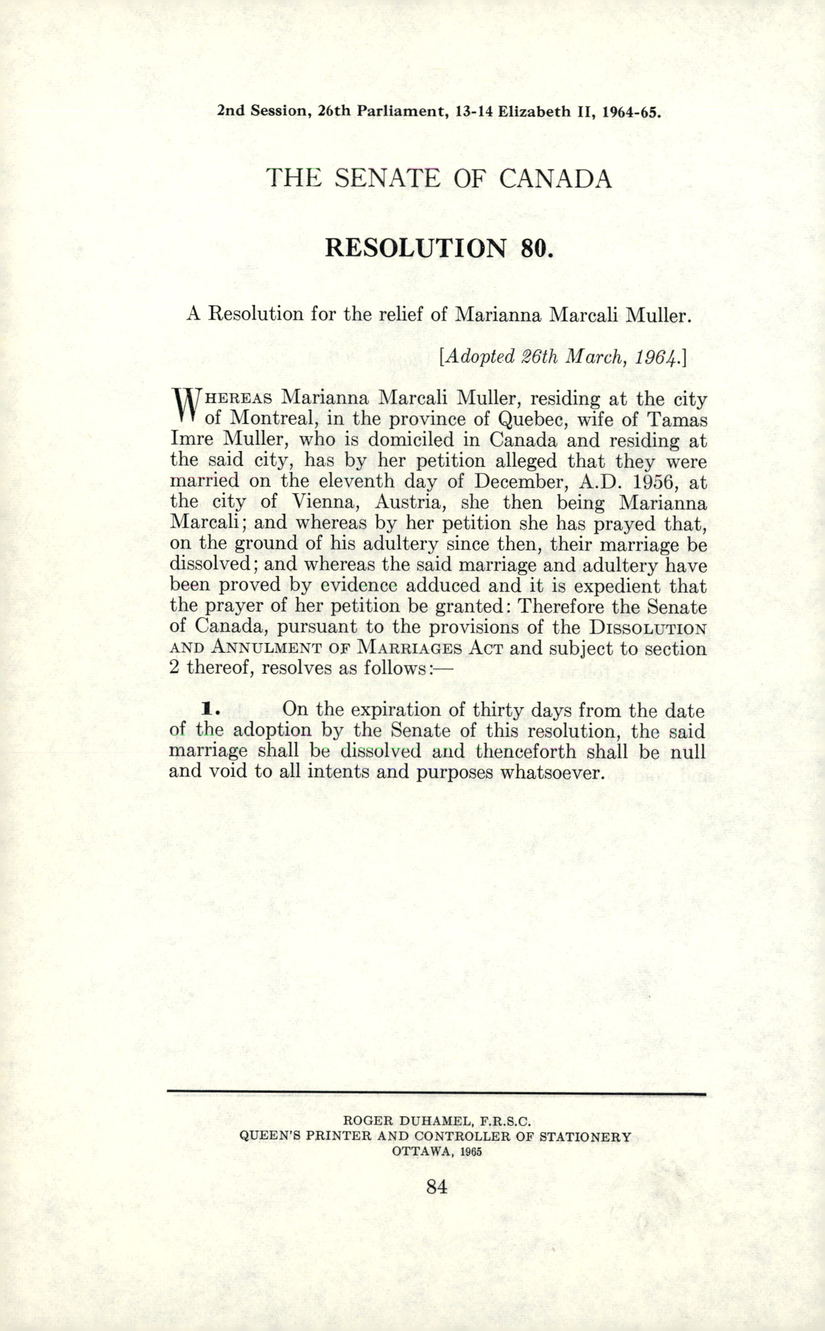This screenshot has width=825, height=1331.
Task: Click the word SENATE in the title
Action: coord(387,178)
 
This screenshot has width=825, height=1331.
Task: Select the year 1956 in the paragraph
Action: coord(656,482)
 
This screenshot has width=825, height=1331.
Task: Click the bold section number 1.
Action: coord(208,709)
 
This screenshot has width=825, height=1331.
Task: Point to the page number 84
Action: coord(438,1186)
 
